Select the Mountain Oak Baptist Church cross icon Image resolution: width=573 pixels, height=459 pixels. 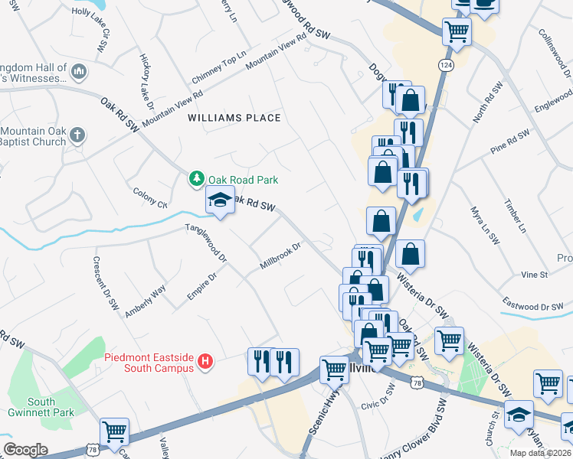(77, 135)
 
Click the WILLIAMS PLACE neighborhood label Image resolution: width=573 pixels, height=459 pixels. (234, 118)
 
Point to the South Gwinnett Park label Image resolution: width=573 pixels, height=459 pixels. (31, 407)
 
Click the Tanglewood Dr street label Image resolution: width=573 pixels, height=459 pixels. (206, 244)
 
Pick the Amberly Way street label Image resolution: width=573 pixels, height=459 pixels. (145, 301)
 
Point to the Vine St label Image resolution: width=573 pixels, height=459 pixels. (534, 274)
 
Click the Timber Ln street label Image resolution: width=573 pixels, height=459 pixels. (516, 216)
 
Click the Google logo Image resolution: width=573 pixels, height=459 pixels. (25, 450)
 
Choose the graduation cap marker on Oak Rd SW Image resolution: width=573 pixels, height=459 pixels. (220, 200)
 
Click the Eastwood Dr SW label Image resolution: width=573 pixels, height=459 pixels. (531, 307)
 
